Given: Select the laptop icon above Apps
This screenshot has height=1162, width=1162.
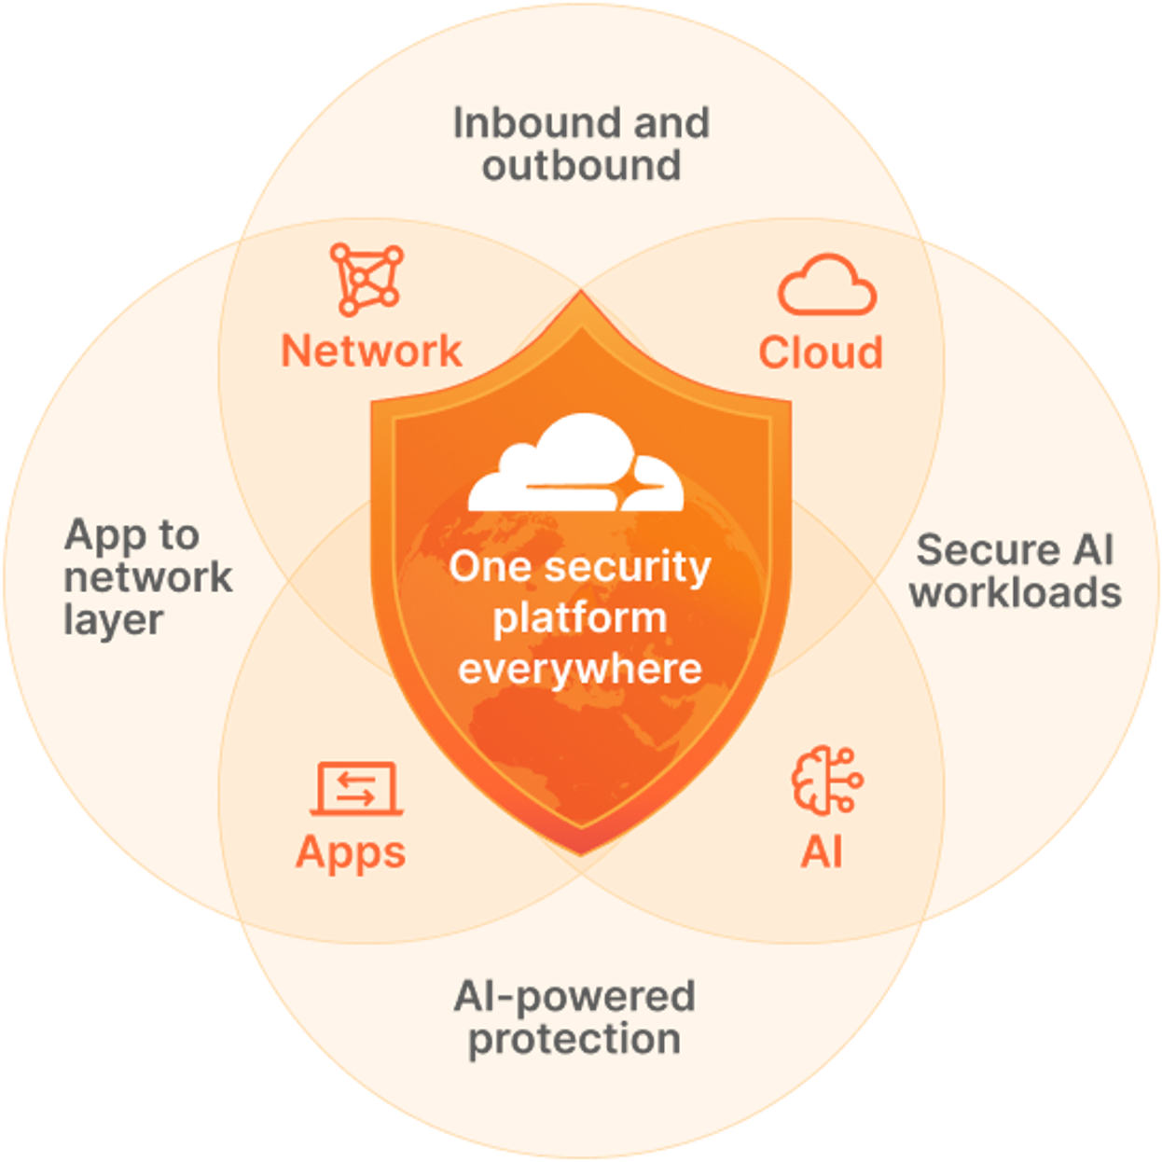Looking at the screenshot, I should click(356, 789).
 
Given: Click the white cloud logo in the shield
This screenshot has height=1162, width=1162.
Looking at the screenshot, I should click(575, 464).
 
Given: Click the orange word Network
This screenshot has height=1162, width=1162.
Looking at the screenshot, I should click(371, 351).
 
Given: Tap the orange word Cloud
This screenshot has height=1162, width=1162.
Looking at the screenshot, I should click(821, 353).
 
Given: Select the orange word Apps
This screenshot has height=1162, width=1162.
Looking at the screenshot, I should click(351, 852).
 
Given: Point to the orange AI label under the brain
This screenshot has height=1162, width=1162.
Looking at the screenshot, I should click(822, 851).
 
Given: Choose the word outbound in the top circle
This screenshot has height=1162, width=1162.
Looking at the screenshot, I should click(581, 166).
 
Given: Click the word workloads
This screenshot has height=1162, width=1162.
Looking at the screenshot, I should click(1016, 593).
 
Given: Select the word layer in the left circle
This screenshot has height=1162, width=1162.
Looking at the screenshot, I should click(114, 620).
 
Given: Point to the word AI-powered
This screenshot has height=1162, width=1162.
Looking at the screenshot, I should click(574, 997).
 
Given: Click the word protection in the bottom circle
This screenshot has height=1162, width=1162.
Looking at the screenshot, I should click(574, 1040).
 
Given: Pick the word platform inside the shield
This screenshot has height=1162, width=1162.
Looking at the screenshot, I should click(580, 618).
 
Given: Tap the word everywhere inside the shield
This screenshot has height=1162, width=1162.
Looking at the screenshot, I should click(580, 669).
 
